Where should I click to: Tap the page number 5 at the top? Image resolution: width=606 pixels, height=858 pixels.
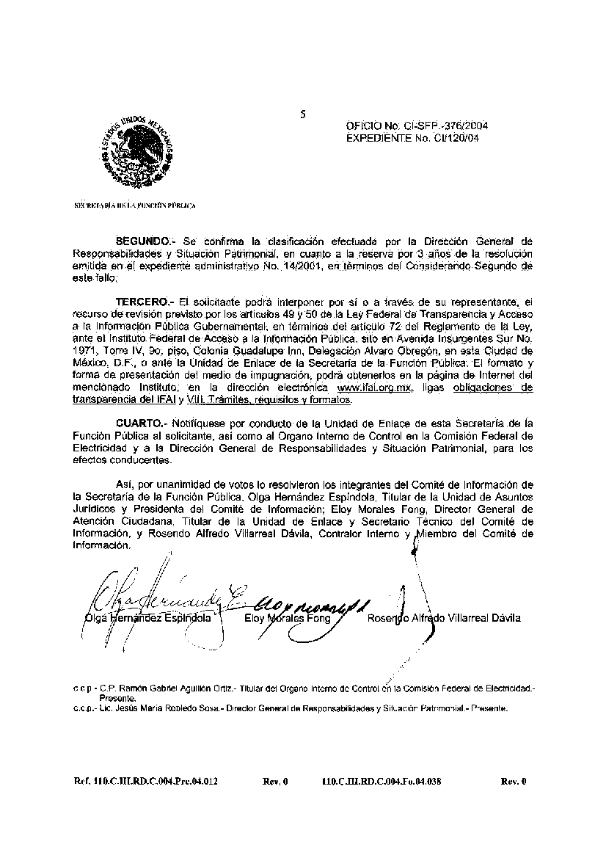(x=302, y=114)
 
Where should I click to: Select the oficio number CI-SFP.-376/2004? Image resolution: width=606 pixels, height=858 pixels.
(x=448, y=126)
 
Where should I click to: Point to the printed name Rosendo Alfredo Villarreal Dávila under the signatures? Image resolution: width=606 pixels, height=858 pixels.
(x=444, y=618)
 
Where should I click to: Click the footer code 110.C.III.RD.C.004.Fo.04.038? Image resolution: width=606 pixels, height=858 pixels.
(x=382, y=782)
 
